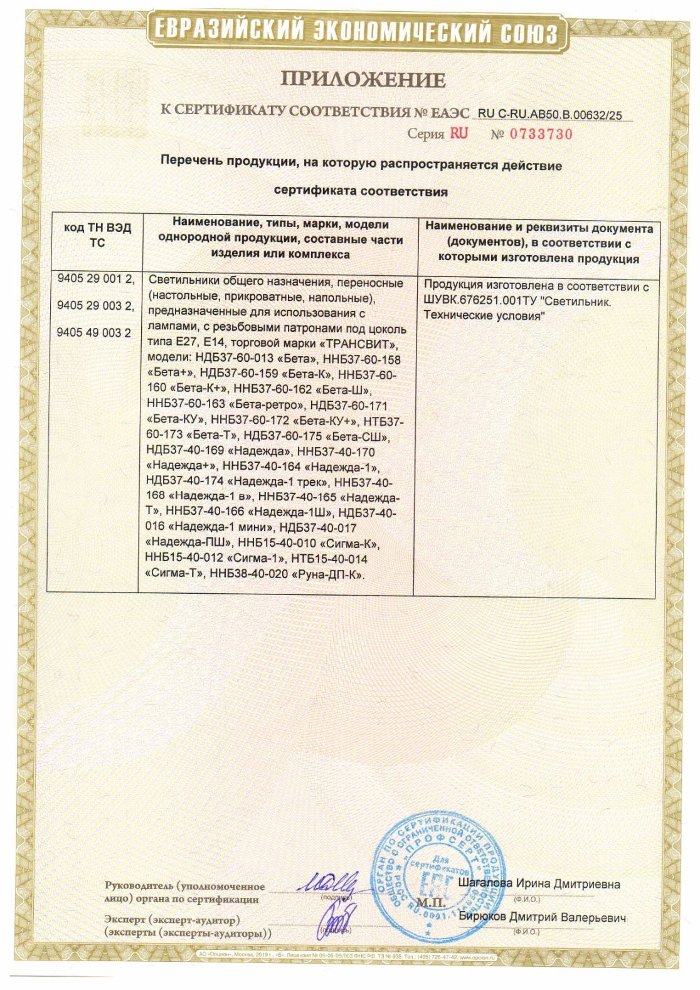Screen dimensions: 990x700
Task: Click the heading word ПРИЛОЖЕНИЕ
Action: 363,80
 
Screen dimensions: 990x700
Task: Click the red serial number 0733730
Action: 541,134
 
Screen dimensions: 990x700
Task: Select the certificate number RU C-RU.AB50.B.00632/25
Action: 549,115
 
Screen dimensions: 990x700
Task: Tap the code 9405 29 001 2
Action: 95,279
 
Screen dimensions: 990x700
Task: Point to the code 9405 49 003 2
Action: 94,333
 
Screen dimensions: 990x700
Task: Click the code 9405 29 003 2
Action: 95,306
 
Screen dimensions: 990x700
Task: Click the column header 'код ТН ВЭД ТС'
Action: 97,235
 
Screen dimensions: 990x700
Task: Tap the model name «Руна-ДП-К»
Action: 328,574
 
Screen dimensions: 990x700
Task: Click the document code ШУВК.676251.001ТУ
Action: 480,302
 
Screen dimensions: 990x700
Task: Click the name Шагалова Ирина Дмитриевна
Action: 539,884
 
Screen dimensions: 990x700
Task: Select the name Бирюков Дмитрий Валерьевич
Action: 542,917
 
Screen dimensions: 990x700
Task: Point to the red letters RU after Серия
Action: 459,134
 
